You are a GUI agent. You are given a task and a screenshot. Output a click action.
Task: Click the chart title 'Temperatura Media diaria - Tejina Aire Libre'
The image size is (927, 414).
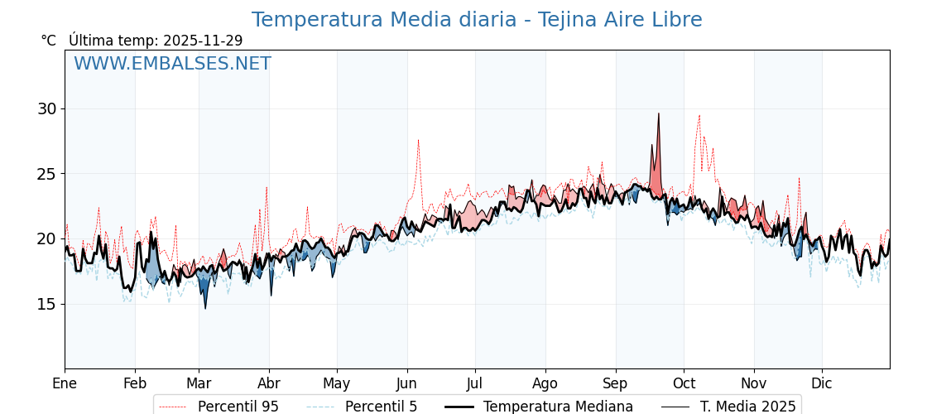pos(477,20)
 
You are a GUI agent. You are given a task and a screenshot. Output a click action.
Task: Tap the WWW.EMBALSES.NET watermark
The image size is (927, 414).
pos(172,64)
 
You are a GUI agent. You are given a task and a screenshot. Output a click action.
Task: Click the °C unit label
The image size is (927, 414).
pos(49,41)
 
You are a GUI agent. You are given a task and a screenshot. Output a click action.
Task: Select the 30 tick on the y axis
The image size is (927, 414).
pos(46,109)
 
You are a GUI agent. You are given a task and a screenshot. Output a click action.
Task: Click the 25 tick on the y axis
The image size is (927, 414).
pos(46,174)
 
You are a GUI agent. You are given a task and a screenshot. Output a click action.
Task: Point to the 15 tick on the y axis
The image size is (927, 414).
pos(46,304)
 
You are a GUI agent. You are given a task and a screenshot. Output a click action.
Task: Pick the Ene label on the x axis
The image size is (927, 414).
pos(65,383)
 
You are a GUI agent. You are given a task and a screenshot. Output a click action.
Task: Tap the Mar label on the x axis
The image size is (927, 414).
pos(199,383)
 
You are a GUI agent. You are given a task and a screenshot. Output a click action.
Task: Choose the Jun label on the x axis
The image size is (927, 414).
pos(407,383)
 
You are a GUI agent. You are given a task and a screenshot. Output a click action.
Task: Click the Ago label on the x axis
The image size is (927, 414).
pos(545,383)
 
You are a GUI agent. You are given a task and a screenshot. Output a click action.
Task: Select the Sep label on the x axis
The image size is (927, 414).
pos(616,383)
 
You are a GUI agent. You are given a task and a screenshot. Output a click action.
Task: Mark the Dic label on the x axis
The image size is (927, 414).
pos(822,383)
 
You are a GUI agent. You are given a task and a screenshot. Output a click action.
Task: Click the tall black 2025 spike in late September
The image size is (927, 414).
pos(659,114)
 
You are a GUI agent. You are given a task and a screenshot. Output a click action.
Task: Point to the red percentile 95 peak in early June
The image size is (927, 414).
pos(418,141)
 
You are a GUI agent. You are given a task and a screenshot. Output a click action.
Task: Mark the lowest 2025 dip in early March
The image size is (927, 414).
pos(205,308)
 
